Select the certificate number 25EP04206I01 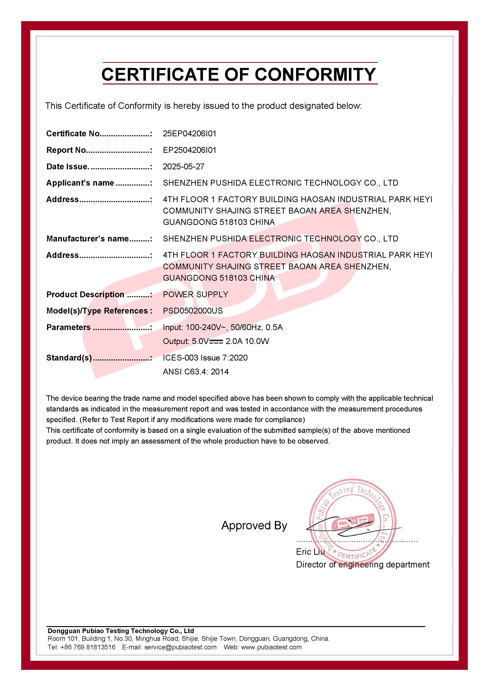coord(189,134)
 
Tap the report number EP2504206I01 coord(189,150)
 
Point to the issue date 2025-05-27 coord(183,167)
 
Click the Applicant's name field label coord(80,183)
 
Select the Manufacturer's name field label coord(87,239)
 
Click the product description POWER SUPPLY coord(196,294)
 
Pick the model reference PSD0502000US coord(193,311)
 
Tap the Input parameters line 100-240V coord(223,327)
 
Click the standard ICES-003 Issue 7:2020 coord(205,358)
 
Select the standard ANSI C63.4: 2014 coord(196,372)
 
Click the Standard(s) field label coord(69,358)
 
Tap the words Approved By coord(254,525)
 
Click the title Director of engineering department coord(363,565)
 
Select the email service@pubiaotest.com coord(180,647)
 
